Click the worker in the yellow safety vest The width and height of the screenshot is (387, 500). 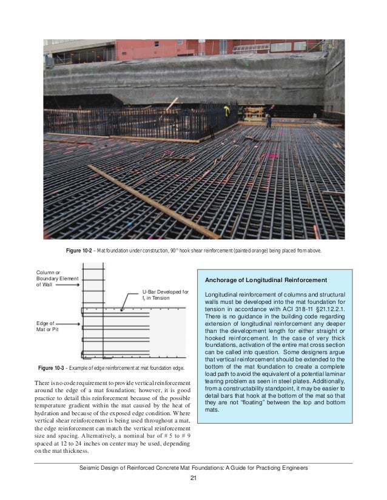point(226,111)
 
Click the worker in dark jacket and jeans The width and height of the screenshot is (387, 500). point(268,119)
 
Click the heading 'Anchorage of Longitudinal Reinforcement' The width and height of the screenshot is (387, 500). point(266,280)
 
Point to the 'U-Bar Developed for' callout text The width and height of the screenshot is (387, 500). point(165,292)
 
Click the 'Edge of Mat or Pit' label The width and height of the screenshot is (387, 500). point(47,327)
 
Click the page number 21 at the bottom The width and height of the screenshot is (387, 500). point(193,479)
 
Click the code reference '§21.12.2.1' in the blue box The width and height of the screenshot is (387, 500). point(317,309)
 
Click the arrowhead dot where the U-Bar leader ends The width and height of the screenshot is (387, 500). point(122,310)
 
